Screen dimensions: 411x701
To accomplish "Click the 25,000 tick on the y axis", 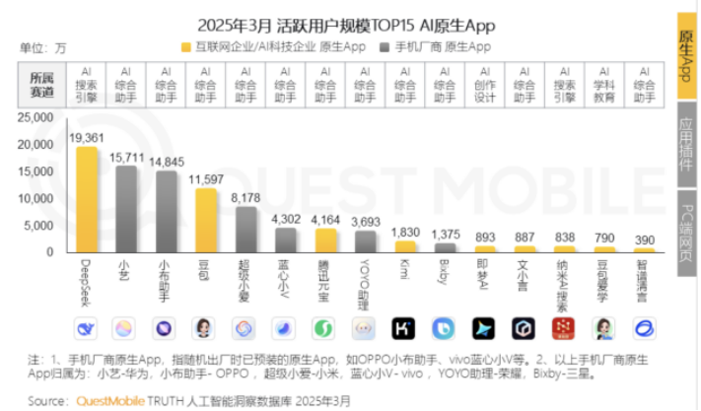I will pyautogui.click(x=35, y=117).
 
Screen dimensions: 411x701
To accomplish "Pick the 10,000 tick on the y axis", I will pyautogui.click(x=35, y=198).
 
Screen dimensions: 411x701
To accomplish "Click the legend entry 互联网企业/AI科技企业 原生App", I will pyautogui.click(x=273, y=46).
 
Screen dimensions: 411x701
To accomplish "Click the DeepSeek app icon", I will pyautogui.click(x=87, y=328).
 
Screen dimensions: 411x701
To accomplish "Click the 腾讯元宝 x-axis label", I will pyautogui.click(x=324, y=280).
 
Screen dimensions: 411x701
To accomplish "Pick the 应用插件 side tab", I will pyautogui.click(x=686, y=149).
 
